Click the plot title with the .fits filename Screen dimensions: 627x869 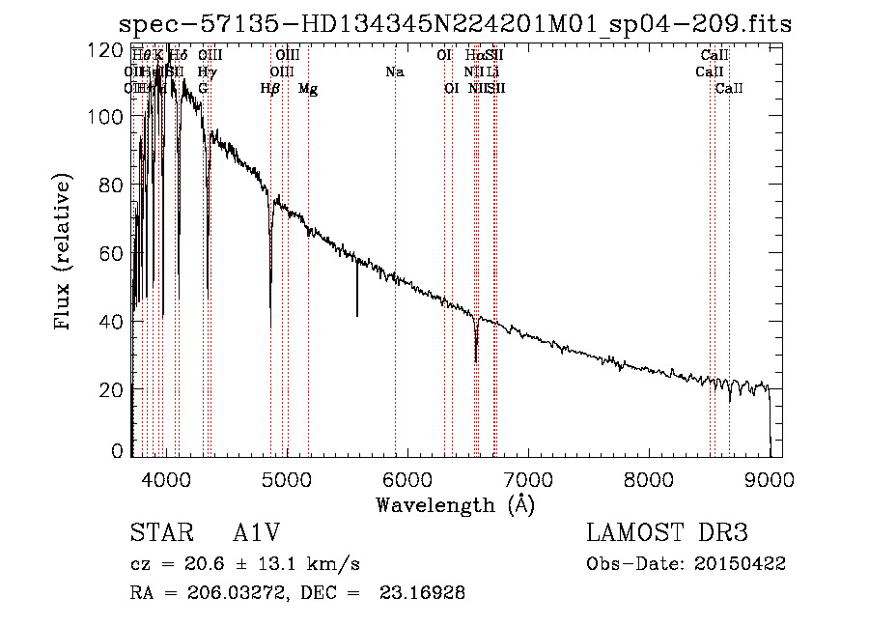[455, 24]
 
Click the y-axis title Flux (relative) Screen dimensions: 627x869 [64, 253]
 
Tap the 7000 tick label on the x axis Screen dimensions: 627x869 [528, 477]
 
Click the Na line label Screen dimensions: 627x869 [394, 72]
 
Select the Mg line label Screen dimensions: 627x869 [308, 89]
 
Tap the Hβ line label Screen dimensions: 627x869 [270, 89]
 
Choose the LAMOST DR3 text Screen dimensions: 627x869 [667, 533]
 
